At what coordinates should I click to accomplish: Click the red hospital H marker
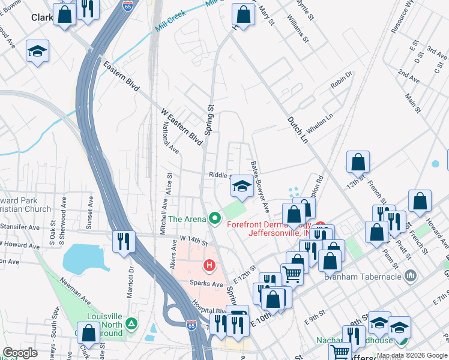(209, 265)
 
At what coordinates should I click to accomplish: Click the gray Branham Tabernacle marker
(411, 276)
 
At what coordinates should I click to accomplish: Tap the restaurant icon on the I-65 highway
(123, 242)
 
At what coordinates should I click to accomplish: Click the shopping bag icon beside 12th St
(358, 162)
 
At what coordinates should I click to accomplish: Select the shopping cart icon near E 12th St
(292, 274)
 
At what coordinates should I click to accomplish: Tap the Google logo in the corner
(20, 353)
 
